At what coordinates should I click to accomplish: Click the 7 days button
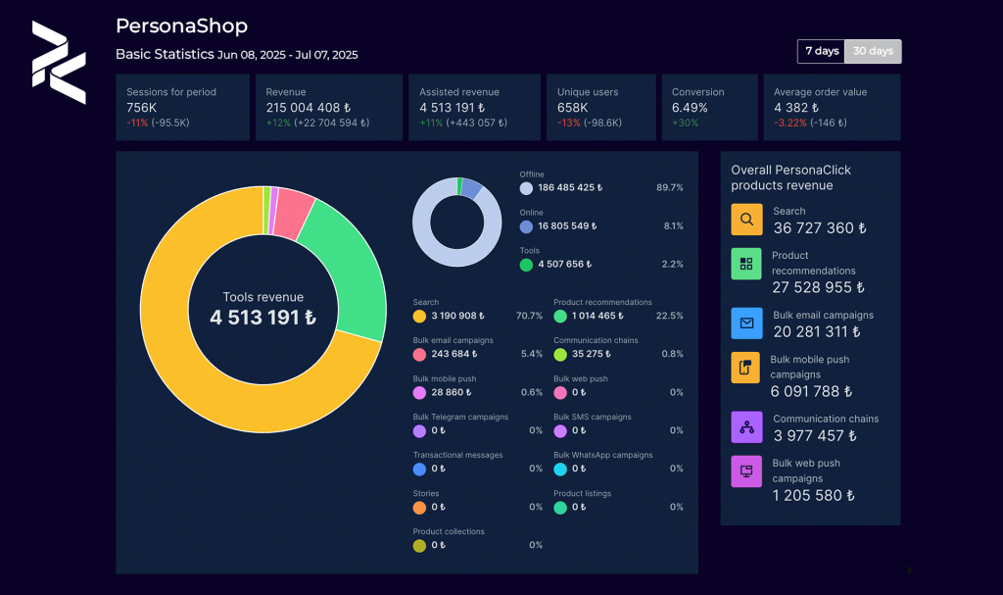pyautogui.click(x=822, y=51)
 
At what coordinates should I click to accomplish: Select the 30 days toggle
pyautogui.click(x=872, y=51)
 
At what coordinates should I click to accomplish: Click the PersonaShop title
pyautogui.click(x=181, y=26)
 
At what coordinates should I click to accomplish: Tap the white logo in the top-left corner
pyautogui.click(x=59, y=63)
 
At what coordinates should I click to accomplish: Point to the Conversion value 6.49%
pyautogui.click(x=690, y=107)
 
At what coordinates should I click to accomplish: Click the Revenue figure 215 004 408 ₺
pyautogui.click(x=308, y=107)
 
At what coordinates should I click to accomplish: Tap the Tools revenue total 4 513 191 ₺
pyautogui.click(x=263, y=318)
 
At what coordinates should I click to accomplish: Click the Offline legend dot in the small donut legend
pyautogui.click(x=526, y=188)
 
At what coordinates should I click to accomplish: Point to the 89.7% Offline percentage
pyautogui.click(x=669, y=187)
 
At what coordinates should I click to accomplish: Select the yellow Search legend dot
pyautogui.click(x=419, y=317)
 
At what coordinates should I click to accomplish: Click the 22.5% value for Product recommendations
pyautogui.click(x=669, y=316)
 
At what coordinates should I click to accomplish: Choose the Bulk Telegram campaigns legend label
pyautogui.click(x=460, y=417)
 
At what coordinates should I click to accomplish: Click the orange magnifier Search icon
pyautogui.click(x=746, y=220)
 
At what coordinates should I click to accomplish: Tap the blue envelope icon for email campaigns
pyautogui.click(x=746, y=322)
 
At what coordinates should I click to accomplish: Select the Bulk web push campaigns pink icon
pyautogui.click(x=746, y=471)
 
